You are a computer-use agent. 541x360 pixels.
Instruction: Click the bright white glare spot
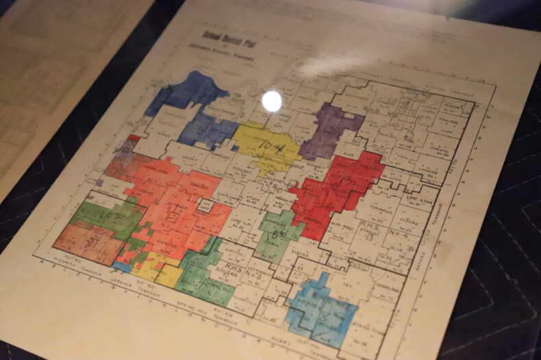tap(272, 101)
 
